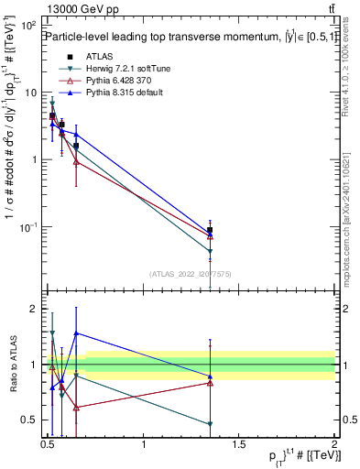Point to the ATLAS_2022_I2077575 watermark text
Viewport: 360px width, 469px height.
[191, 273]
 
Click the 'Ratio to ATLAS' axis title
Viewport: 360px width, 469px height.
[12, 364]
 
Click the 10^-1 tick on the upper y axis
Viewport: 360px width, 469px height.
[28, 226]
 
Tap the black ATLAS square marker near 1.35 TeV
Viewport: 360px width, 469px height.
[211, 231]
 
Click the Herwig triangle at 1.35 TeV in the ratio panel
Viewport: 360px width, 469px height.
[211, 424]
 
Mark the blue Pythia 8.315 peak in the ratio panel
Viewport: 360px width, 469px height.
[76, 333]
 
